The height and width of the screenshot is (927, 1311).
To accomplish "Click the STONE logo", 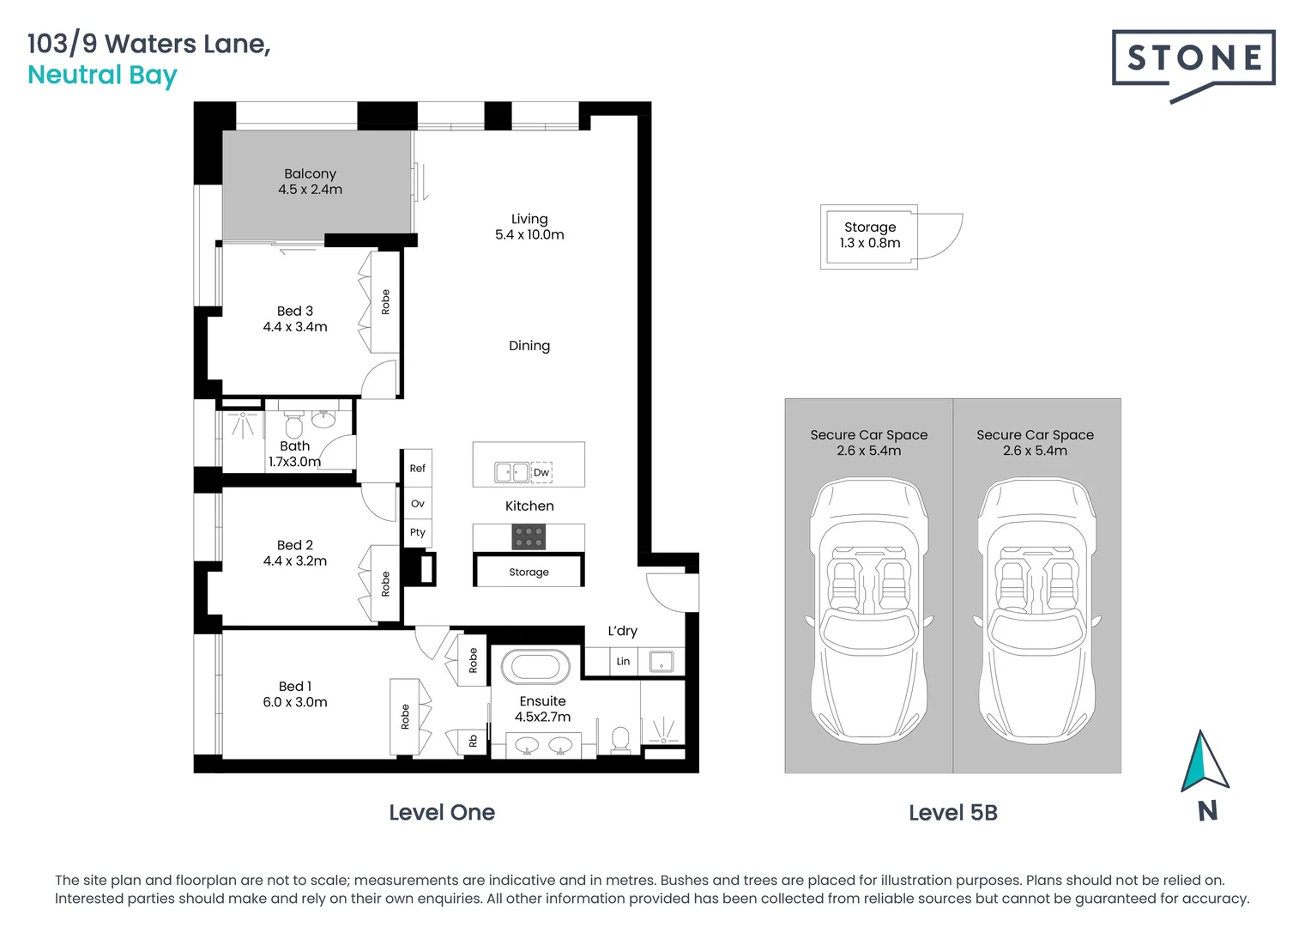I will pyautogui.click(x=1193, y=59).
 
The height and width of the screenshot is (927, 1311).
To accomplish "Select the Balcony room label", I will pyautogui.click(x=310, y=174).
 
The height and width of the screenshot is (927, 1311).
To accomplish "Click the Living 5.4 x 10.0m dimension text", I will pyautogui.click(x=529, y=235).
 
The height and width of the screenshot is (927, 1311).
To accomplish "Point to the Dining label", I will pyautogui.click(x=529, y=346).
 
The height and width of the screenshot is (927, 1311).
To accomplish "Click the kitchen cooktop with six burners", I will pyautogui.click(x=529, y=537).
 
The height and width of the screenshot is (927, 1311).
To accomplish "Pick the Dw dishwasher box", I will pyautogui.click(x=541, y=473).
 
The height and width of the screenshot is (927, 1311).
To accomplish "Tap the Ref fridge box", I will pyautogui.click(x=418, y=469).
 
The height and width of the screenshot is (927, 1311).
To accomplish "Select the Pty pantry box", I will pyautogui.click(x=418, y=533).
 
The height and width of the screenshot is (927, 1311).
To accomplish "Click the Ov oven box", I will pyautogui.click(x=418, y=504).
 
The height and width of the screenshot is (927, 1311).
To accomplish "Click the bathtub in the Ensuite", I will pyautogui.click(x=535, y=667).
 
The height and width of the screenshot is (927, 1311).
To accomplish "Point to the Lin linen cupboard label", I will pyautogui.click(x=623, y=662).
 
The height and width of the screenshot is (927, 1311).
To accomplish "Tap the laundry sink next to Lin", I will pyautogui.click(x=662, y=662).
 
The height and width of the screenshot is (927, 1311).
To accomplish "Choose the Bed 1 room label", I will pyautogui.click(x=295, y=687).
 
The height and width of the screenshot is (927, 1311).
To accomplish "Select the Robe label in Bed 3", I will pyautogui.click(x=385, y=302).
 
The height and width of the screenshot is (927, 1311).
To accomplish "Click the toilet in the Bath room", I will pyautogui.click(x=293, y=426).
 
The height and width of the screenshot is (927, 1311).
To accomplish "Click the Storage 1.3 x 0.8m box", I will pyautogui.click(x=869, y=236).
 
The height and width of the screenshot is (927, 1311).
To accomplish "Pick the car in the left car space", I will pyautogui.click(x=869, y=609).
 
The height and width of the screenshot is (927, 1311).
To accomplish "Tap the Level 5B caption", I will pyautogui.click(x=953, y=813).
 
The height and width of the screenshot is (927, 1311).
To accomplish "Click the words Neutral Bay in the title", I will pyautogui.click(x=102, y=76).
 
